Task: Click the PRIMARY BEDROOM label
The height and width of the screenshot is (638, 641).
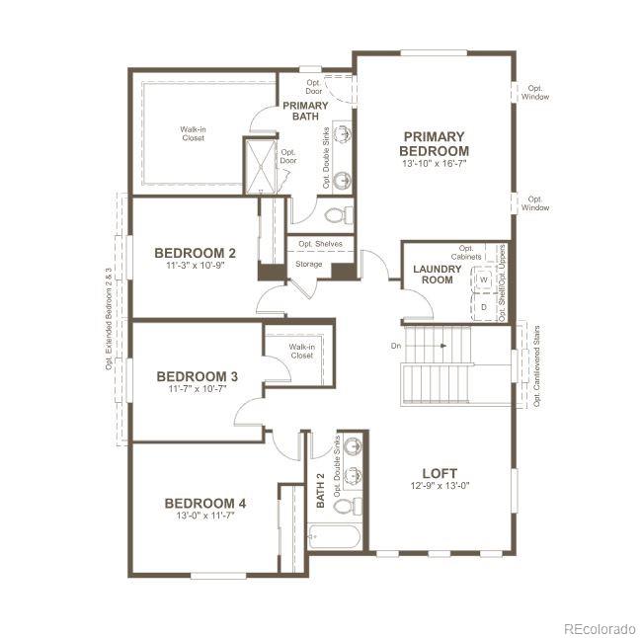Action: (434, 143)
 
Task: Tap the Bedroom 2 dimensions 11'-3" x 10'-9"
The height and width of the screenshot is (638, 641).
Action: (195, 265)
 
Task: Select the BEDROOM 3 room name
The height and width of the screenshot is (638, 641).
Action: (197, 376)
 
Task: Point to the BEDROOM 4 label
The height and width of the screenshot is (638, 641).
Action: (205, 503)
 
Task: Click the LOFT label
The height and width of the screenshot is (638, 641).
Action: (440, 472)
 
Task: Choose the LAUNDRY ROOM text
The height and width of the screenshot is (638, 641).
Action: (432, 274)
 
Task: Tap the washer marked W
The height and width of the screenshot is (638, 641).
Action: (484, 280)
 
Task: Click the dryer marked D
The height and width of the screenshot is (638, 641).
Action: (484, 306)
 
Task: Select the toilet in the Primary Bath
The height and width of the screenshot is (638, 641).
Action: (336, 214)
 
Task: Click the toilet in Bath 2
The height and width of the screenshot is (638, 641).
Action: (345, 506)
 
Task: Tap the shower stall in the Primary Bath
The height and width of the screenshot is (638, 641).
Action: (263, 166)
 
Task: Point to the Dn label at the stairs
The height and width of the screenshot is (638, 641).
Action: (396, 346)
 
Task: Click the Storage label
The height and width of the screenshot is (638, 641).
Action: (308, 265)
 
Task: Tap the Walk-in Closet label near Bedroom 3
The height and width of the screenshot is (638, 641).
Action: (301, 351)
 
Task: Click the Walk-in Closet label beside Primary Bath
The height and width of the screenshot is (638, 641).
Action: (193, 133)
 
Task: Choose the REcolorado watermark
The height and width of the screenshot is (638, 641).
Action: (600, 627)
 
